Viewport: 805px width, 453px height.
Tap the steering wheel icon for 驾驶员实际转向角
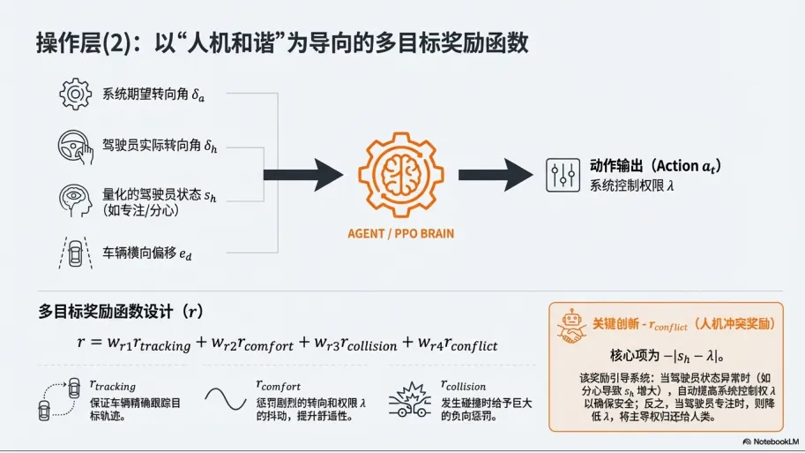[76, 145]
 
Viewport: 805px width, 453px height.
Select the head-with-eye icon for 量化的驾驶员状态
[74, 197]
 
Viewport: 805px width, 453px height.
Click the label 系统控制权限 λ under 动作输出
[632, 185]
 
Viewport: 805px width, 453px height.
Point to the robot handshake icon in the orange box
[570, 325]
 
